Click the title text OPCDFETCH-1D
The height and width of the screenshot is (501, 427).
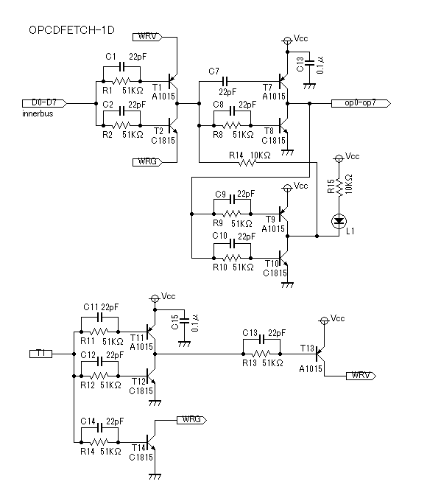point(71,30)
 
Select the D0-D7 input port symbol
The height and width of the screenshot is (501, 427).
point(44,103)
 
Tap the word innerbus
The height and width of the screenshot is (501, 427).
point(38,113)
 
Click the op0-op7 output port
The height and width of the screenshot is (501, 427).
point(361,103)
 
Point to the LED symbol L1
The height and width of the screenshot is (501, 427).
point(339,221)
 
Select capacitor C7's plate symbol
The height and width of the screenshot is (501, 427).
point(225,81)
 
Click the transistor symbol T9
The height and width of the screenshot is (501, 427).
point(283,214)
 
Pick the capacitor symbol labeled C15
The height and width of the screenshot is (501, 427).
point(184,320)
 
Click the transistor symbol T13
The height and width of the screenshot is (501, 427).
point(320,354)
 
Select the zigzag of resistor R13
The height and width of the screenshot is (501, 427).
point(261,354)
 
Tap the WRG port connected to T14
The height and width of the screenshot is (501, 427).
point(191,420)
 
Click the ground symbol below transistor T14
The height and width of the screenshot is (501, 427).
point(155,477)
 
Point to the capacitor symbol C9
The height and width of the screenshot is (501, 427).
point(232,200)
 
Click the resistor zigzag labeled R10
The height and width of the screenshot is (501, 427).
point(232,258)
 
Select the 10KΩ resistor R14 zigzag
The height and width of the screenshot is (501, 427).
point(247,163)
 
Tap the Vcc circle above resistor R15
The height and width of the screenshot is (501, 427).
point(339,158)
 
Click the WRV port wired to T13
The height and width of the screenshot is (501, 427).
point(361,376)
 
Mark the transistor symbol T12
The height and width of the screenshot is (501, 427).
point(151,376)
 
